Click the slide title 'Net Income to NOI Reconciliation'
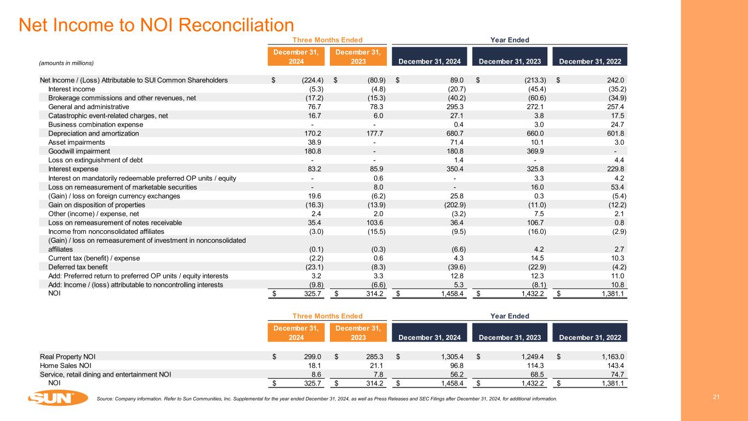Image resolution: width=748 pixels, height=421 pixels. [x=156, y=24]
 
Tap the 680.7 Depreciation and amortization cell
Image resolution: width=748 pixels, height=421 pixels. [x=455, y=133]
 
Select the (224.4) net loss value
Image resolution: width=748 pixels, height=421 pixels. [x=311, y=80]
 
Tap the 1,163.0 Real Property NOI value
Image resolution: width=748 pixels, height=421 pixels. [x=612, y=356]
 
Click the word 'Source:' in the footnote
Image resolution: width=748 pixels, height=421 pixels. [x=104, y=399]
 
